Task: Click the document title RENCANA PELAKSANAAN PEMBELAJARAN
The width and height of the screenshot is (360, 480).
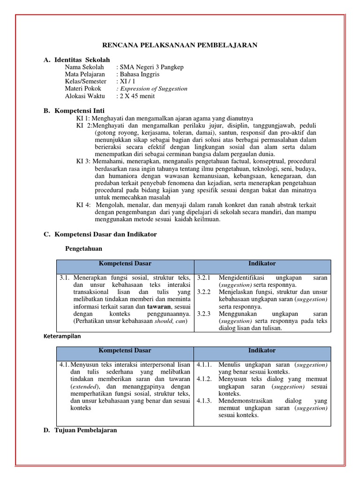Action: (x=180, y=45)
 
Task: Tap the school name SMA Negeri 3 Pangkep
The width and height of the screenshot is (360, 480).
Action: (x=150, y=67)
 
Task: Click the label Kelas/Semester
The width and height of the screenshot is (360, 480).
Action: (x=86, y=82)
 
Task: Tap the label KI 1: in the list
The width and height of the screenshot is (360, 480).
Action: (x=83, y=119)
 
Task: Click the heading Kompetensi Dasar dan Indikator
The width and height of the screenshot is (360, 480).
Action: (x=105, y=234)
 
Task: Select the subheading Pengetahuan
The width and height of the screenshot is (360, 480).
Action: (x=83, y=248)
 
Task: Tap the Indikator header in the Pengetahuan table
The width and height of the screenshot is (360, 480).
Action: (x=262, y=263)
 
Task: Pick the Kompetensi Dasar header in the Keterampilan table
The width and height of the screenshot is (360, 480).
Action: (x=125, y=351)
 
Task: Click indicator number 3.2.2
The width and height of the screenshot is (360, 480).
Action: (x=205, y=292)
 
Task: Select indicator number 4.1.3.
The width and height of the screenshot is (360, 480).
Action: (x=205, y=401)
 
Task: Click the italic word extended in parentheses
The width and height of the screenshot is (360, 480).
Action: (x=85, y=387)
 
